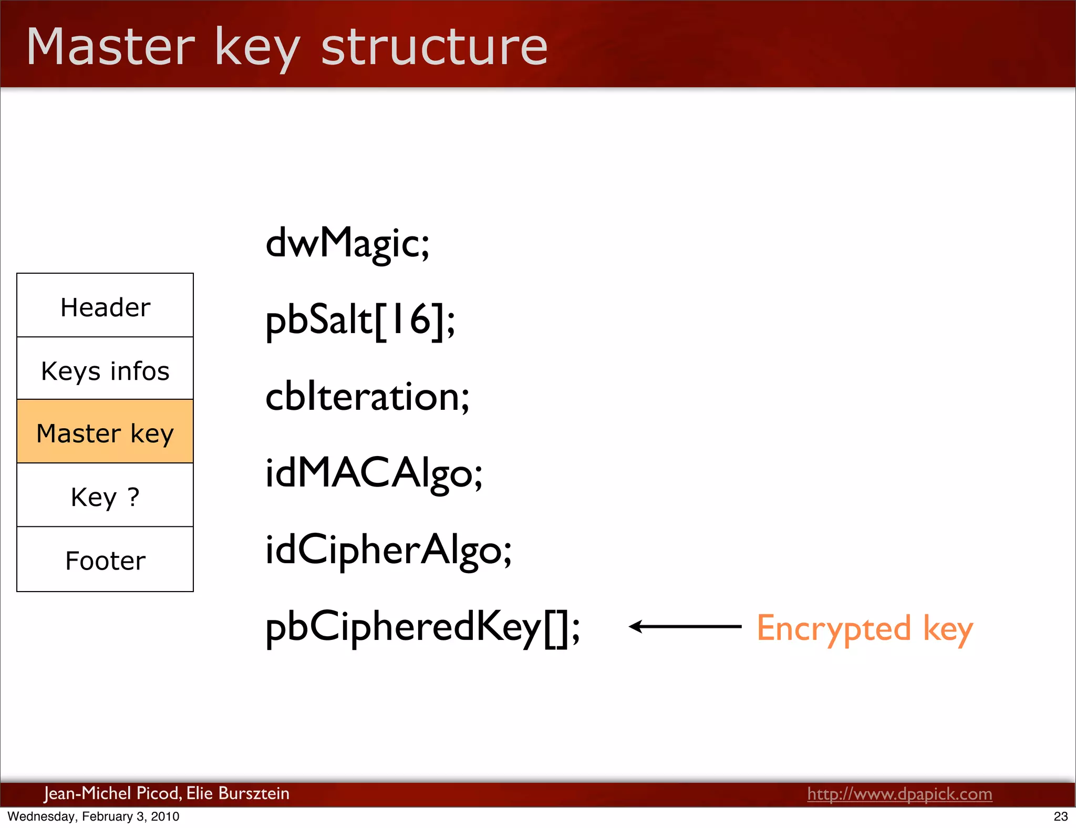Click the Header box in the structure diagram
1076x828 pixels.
tap(105, 306)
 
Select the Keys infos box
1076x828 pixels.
tap(105, 369)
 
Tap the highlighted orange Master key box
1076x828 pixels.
tap(105, 432)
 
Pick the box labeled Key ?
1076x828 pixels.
tap(105, 495)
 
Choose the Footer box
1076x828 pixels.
tap(105, 560)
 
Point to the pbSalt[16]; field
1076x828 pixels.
tap(360, 320)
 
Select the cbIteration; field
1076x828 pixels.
tap(367, 397)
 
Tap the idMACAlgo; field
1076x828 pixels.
tap(374, 473)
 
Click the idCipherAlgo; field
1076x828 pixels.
tap(388, 550)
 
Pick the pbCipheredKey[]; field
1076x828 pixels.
tap(422, 627)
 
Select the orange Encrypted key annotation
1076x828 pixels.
tap(864, 628)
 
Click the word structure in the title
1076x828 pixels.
tap(434, 47)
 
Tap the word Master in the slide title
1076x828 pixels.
tap(110, 47)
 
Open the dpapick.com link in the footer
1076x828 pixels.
tap(899, 794)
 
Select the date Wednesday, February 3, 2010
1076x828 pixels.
tap(94, 816)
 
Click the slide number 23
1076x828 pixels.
tap(1060, 816)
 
